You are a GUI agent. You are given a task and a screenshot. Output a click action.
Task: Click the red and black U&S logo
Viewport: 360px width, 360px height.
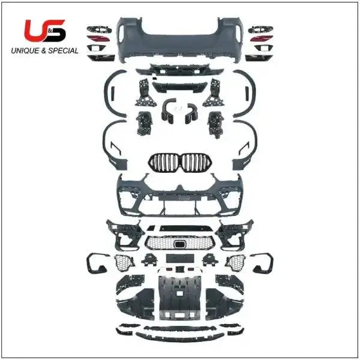(45, 31)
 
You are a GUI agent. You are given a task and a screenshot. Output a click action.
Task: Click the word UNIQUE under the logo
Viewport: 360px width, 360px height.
(25, 51)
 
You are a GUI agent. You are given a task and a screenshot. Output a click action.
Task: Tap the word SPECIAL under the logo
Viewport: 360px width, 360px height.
(63, 51)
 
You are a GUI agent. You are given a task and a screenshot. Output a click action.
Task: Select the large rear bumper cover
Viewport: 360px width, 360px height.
(179, 40)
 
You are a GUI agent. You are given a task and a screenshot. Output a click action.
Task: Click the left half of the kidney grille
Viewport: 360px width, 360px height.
(163, 163)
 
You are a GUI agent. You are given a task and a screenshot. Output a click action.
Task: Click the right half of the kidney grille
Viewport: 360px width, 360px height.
(197, 163)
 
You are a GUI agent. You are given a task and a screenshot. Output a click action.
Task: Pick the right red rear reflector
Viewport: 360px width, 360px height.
(261, 38)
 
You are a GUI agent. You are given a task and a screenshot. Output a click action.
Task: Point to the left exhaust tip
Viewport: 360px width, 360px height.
(169, 111)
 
